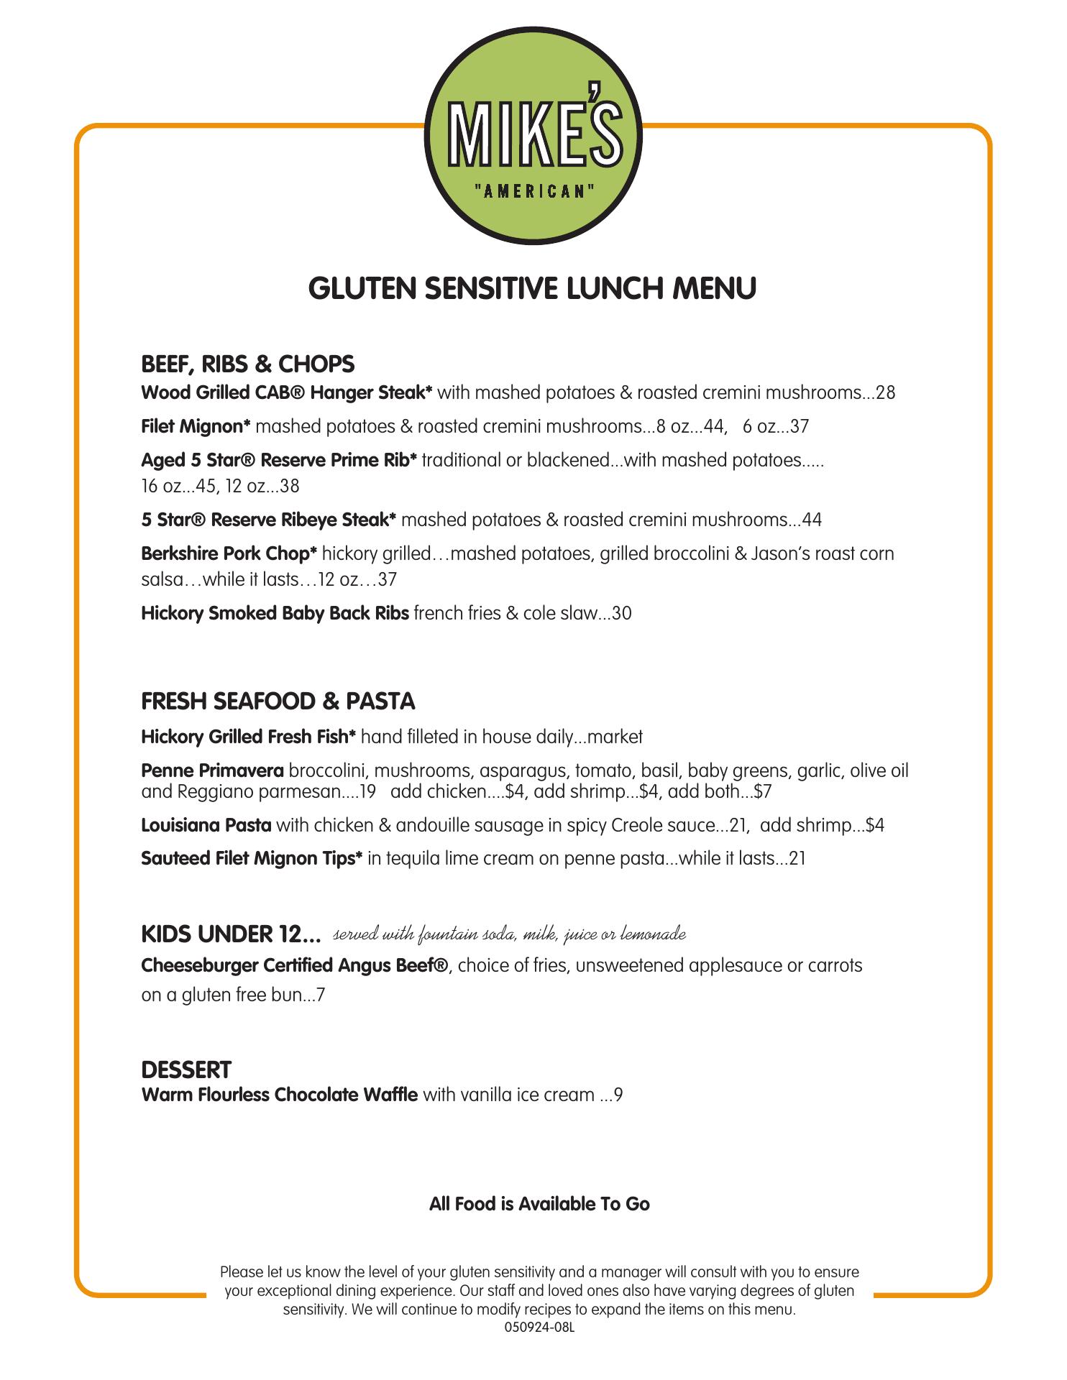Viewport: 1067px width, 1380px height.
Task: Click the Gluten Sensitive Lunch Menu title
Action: pyautogui.click(x=532, y=288)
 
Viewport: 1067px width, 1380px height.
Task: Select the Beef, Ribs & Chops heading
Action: pyautogui.click(x=247, y=364)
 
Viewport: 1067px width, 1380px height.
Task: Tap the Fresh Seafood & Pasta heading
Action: pyautogui.click(x=278, y=701)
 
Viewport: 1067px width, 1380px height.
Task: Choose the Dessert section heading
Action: pyautogui.click(x=186, y=1069)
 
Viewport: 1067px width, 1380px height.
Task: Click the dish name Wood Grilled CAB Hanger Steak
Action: pyautogui.click(x=286, y=392)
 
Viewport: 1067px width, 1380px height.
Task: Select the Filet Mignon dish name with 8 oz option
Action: pyautogui.click(x=196, y=426)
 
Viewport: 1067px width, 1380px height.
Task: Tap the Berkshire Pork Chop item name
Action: pyautogui.click(x=229, y=553)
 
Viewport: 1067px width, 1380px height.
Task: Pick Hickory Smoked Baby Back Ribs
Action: pyautogui.click(x=275, y=613)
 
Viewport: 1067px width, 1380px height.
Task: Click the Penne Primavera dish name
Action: pyautogui.click(x=212, y=771)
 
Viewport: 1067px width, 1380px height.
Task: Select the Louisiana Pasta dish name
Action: pyautogui.click(x=206, y=824)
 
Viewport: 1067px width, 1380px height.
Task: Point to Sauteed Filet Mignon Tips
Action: pyautogui.click(x=251, y=858)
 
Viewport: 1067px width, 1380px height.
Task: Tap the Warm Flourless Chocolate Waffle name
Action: pyautogui.click(x=279, y=1095)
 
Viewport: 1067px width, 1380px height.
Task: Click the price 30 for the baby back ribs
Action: pyautogui.click(x=622, y=613)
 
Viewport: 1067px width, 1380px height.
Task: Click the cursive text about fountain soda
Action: pyautogui.click(x=509, y=934)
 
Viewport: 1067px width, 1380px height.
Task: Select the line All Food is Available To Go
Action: pyautogui.click(x=539, y=1204)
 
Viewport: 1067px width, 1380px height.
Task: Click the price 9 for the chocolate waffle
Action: pyautogui.click(x=618, y=1095)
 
